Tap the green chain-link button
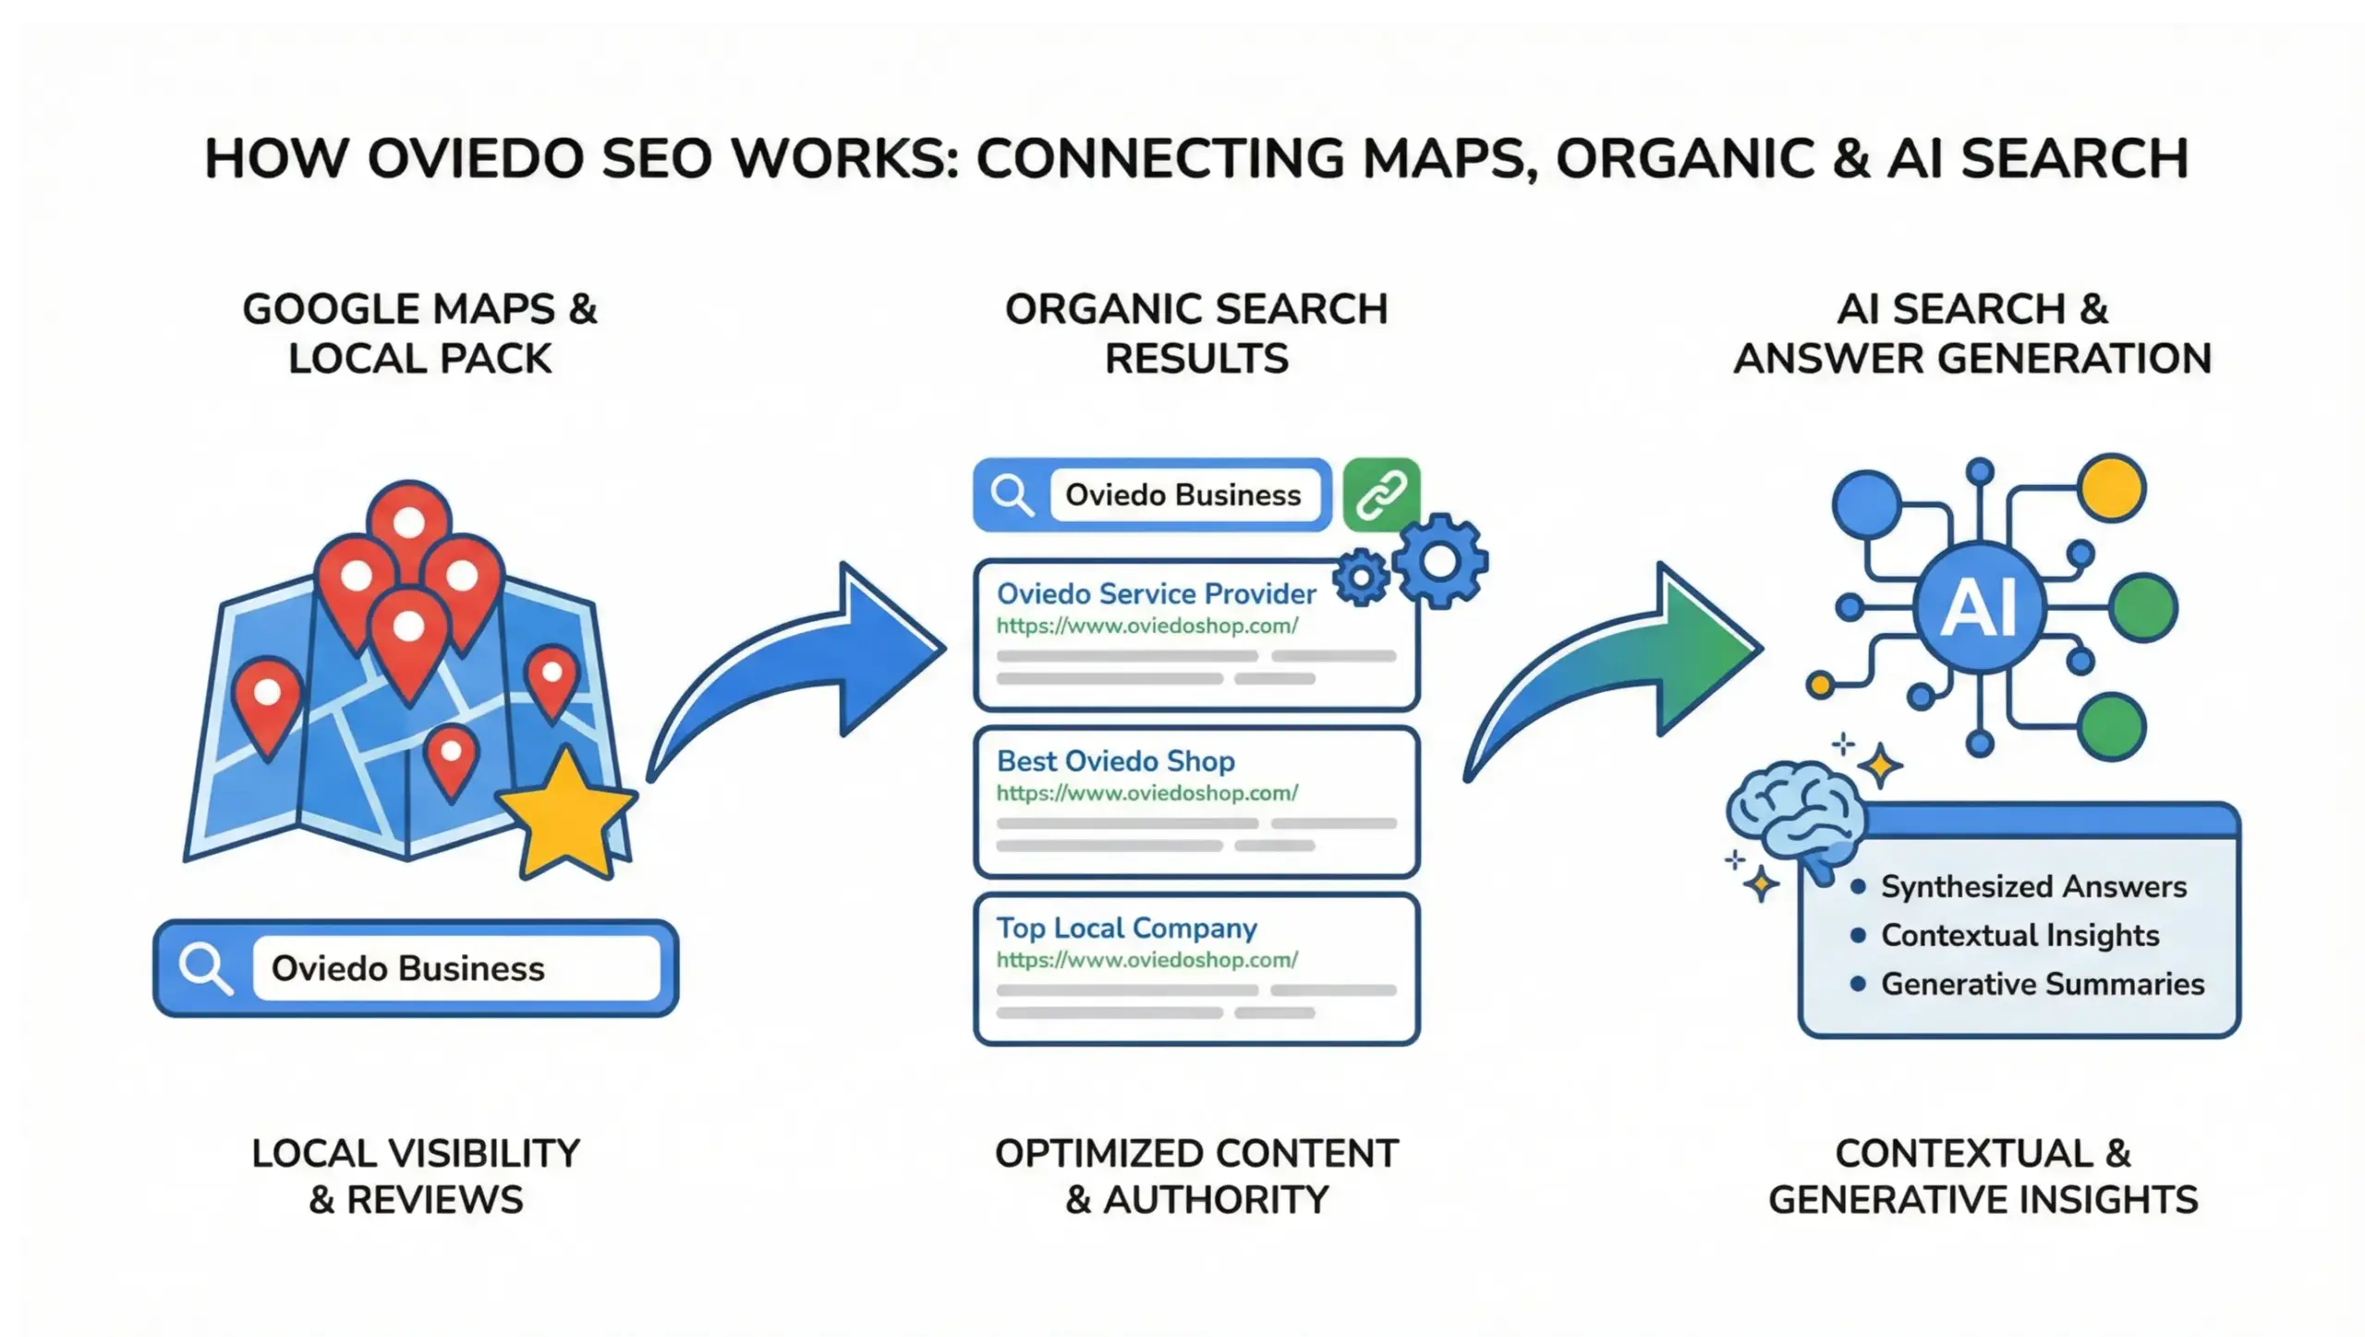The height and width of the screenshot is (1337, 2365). coord(1381,494)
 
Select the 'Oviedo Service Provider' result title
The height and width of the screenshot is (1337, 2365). coord(1156,594)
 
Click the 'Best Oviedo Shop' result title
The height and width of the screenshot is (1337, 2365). coord(1115,761)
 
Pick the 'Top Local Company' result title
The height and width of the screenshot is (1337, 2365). coord(1126,928)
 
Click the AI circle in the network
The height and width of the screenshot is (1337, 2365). coord(1979,608)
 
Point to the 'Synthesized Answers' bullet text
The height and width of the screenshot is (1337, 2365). coord(2033,887)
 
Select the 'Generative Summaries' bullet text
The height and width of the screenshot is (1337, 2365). coord(2042,984)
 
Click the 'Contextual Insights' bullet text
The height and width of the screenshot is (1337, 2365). coord(2019,935)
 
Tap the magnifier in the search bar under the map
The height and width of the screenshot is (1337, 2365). coord(205,967)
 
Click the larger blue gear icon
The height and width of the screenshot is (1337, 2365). coord(1439,560)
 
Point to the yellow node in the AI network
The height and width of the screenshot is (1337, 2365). coord(2112,487)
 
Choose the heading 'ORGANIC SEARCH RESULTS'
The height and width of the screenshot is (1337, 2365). coord(1196,334)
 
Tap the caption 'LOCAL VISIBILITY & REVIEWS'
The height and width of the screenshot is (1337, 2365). coord(416,1176)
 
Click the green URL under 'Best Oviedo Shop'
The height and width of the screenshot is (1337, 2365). coord(1146,793)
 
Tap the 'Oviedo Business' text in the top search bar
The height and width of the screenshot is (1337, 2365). coord(1182,495)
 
